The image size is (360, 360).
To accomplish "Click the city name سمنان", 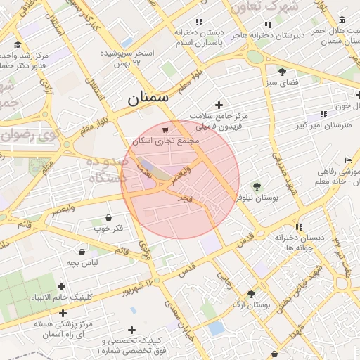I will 148,99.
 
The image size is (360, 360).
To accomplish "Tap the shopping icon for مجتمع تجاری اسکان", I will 165,130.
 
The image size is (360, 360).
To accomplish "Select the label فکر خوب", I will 108,229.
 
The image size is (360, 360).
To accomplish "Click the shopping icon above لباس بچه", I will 82,251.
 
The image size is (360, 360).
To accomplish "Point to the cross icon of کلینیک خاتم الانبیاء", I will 63,286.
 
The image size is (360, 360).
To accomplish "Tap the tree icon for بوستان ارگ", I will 252,294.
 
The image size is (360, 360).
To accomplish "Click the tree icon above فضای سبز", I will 282,72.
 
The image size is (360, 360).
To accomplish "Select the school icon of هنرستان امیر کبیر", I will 323,113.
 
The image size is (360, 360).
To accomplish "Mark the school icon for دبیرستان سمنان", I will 342,20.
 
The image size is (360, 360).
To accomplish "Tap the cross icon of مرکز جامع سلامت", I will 219,105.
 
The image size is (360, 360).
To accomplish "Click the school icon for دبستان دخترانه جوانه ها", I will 300,227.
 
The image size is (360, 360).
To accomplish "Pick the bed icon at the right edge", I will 348,161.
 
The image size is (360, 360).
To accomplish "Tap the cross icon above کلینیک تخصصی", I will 131,329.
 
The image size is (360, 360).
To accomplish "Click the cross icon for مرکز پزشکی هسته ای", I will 64,313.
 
